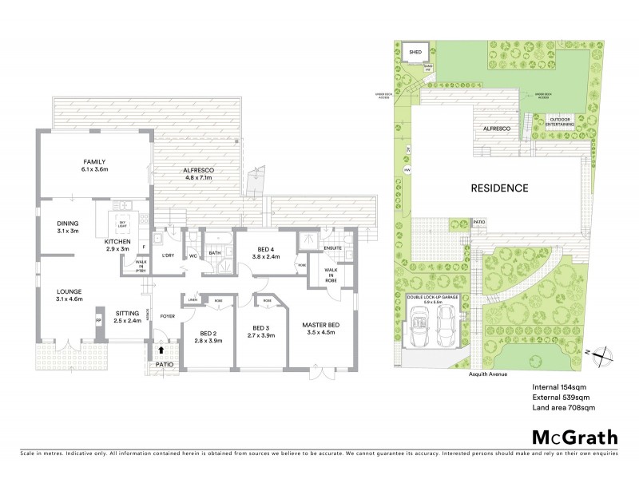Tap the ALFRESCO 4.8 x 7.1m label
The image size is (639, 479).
tap(196, 173)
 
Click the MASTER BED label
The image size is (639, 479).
tap(320, 325)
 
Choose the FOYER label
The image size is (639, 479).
tap(166, 316)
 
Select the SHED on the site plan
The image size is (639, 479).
tap(415, 52)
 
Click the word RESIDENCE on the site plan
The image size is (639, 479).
tap(498, 188)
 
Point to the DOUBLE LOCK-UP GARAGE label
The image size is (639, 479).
tap(431, 299)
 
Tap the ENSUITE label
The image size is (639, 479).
tap(333, 248)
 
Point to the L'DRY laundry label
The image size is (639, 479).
tap(168, 255)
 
